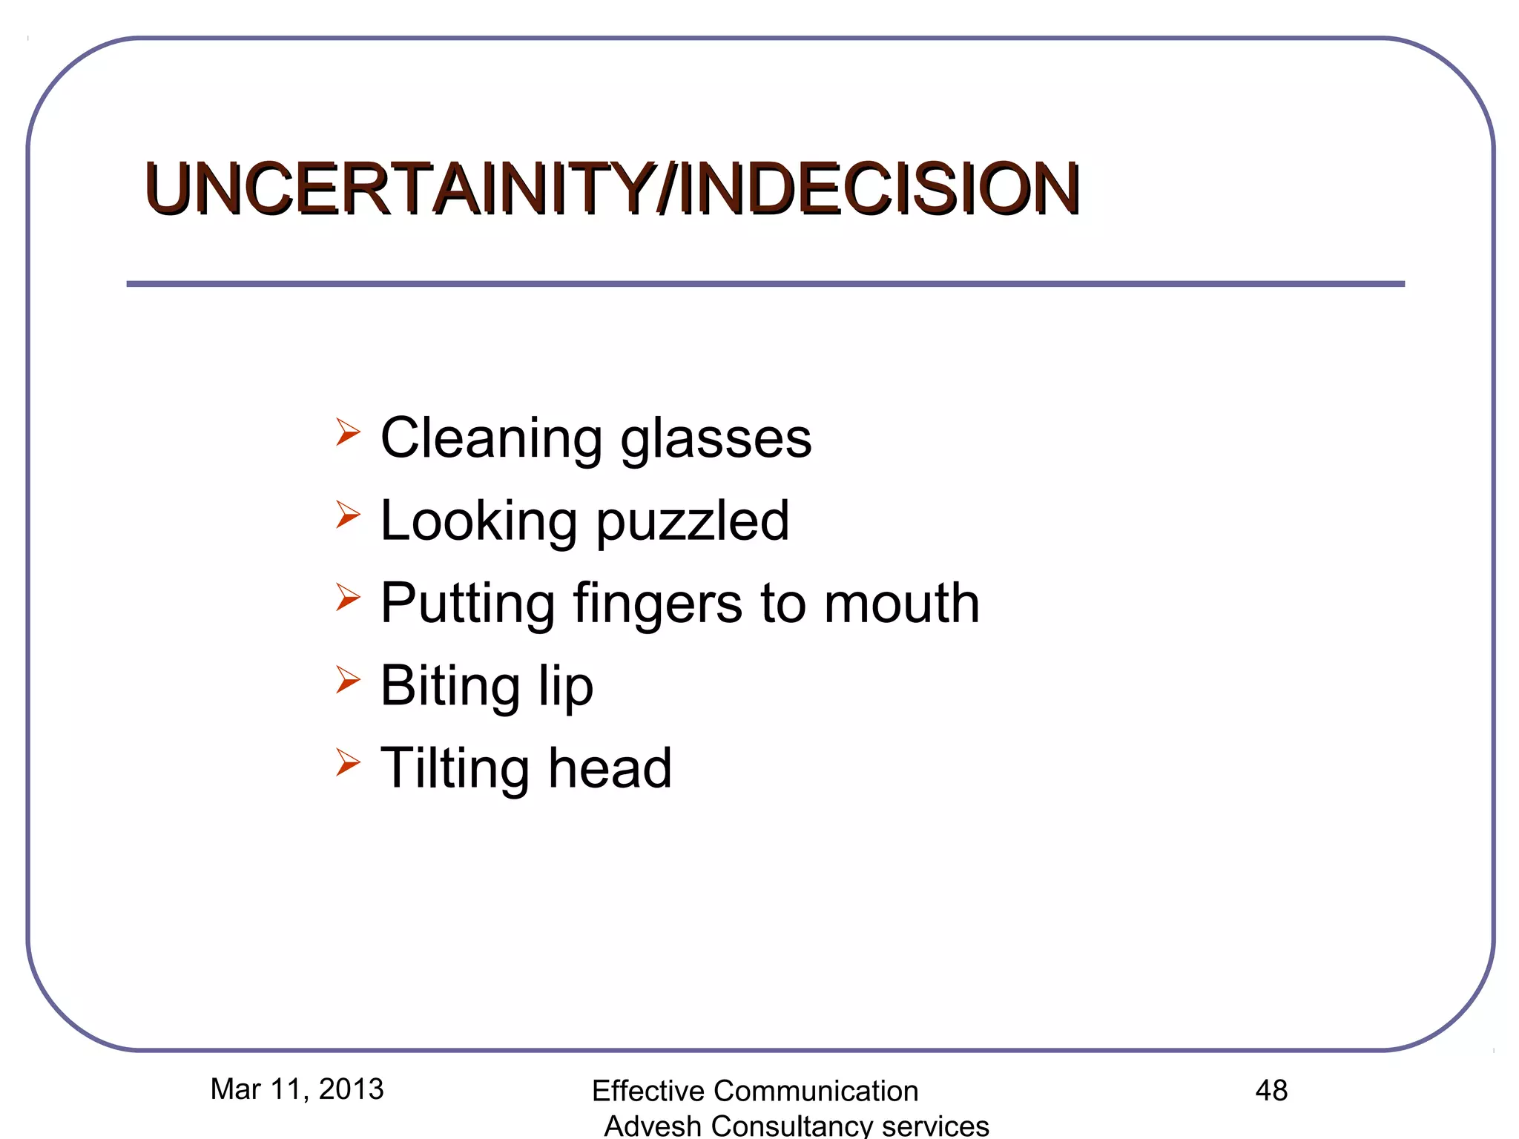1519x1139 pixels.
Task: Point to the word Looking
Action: click(478, 521)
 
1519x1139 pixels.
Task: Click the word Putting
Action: click(467, 604)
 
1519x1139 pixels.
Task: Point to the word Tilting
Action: click(454, 769)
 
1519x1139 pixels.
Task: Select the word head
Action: click(610, 768)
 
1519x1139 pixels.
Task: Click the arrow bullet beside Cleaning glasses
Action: click(347, 432)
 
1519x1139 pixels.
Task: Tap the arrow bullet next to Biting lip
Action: click(347, 679)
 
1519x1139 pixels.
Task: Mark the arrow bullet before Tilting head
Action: click(347, 762)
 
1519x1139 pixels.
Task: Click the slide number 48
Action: click(1271, 1091)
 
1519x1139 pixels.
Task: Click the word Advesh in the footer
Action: click(653, 1126)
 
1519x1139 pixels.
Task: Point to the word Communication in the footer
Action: click(815, 1092)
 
